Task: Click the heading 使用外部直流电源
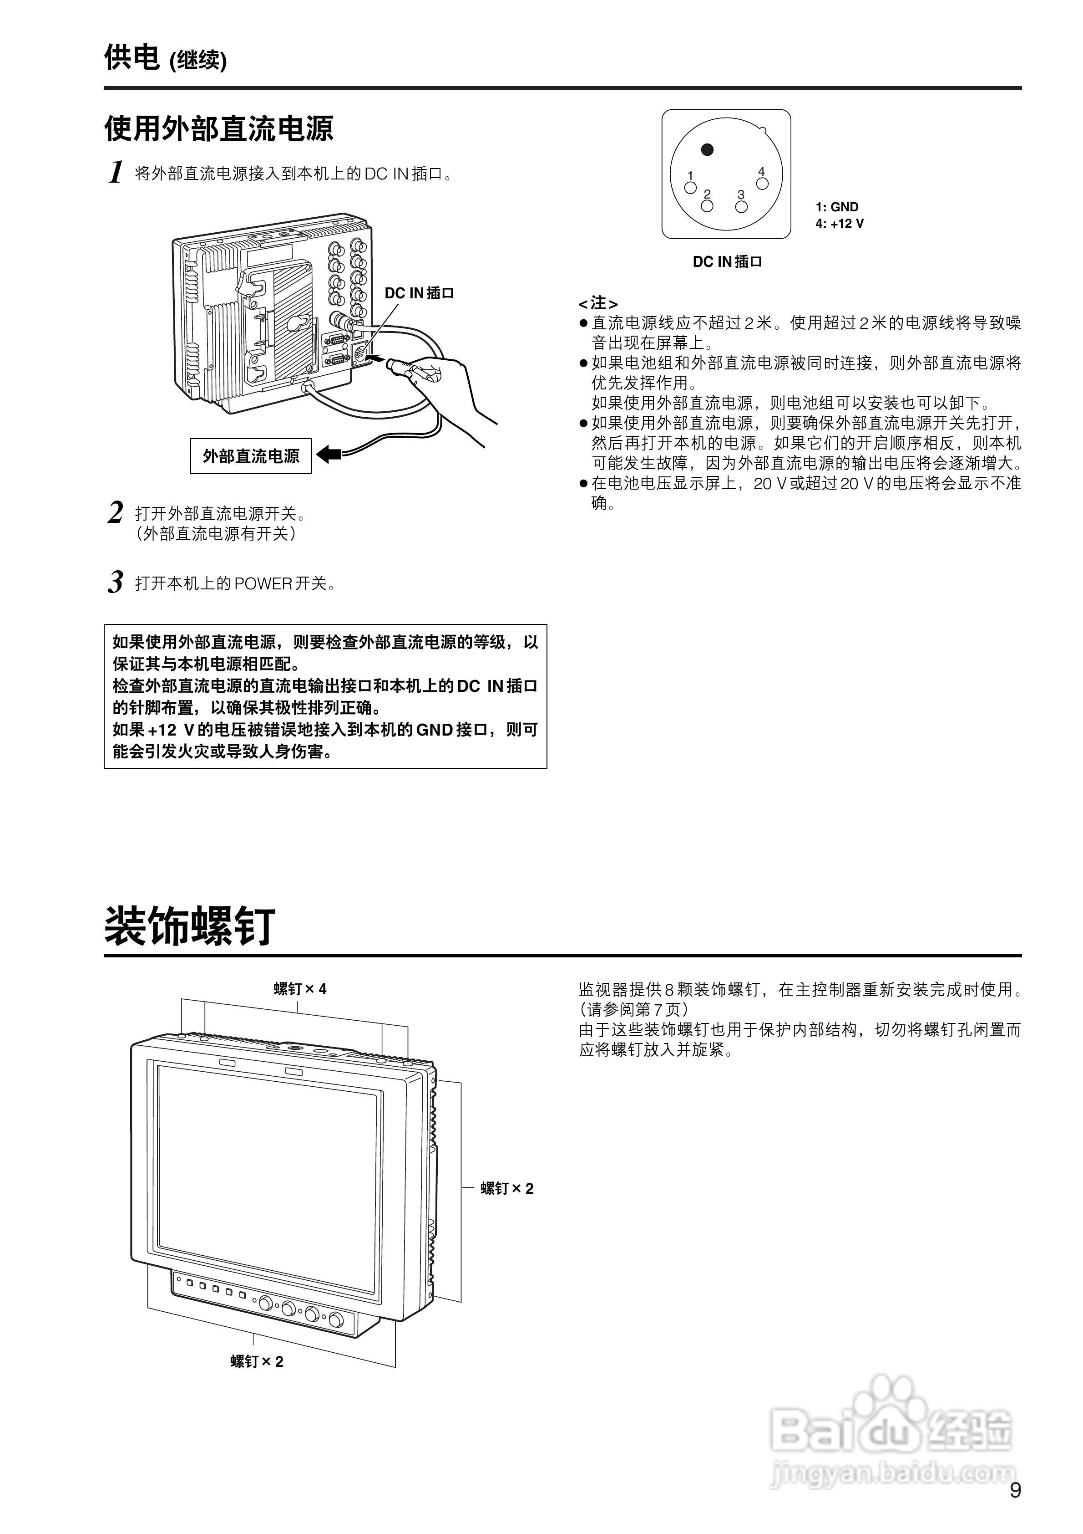coord(218,128)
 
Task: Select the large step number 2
coord(116,512)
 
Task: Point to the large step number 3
coord(116,582)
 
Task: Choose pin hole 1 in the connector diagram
coord(691,188)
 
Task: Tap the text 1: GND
coord(837,207)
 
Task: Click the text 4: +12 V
coord(839,224)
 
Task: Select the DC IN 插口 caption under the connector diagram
coord(727,262)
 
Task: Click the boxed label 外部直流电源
coord(251,456)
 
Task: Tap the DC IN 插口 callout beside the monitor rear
coord(419,293)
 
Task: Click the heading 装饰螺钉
coord(190,927)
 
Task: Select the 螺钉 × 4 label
coord(300,989)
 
